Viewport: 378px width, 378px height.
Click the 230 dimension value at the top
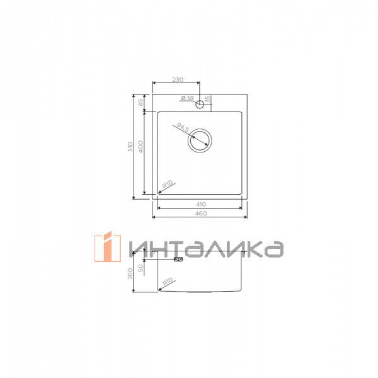[177, 79]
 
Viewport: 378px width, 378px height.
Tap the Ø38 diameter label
[186, 98]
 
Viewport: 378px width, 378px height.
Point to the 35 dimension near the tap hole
[207, 100]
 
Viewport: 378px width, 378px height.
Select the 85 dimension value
[141, 102]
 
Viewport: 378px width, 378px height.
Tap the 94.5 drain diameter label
[183, 128]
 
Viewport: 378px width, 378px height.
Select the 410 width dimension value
[200, 205]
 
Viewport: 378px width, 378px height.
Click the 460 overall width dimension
[200, 214]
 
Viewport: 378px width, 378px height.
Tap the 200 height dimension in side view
[131, 273]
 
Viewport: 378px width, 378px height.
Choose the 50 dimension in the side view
[141, 267]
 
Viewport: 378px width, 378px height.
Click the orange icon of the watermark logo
[108, 247]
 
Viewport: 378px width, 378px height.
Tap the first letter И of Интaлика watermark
[137, 248]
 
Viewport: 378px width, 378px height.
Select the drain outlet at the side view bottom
[200, 292]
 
